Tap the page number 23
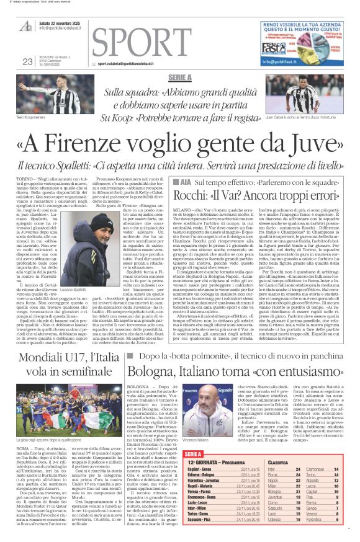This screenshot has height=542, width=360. pos(27,61)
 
